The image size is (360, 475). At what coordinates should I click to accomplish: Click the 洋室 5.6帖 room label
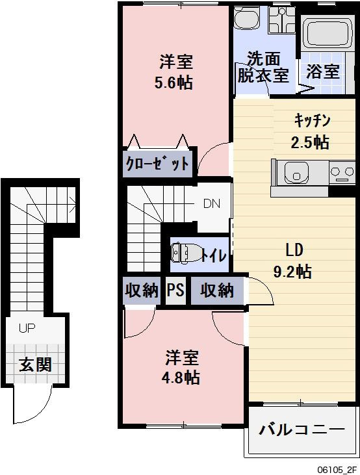point(175,73)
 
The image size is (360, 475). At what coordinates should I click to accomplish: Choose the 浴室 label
point(323,71)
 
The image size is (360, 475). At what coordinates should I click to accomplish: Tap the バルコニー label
point(302,430)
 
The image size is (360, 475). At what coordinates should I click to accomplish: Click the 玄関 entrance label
point(34,365)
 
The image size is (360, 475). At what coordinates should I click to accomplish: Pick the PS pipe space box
point(175,290)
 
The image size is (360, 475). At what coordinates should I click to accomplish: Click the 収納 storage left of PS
point(141,290)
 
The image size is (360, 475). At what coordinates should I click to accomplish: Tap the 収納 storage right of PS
point(216,290)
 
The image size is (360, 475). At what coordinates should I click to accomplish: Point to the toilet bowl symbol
point(183,253)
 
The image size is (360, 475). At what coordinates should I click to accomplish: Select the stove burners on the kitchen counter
point(342,173)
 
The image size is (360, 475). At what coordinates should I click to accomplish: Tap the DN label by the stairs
point(211,203)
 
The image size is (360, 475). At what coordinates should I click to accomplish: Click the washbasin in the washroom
point(246,20)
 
